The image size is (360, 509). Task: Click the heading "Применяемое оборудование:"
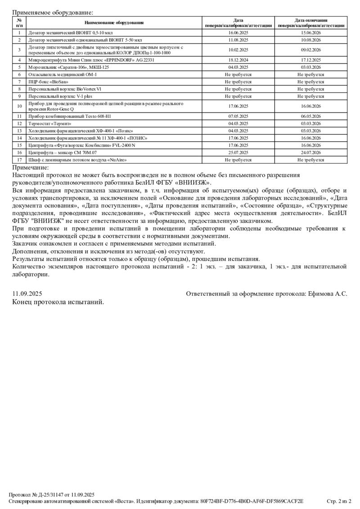point(53,13)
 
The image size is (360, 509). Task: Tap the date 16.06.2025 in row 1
point(238,33)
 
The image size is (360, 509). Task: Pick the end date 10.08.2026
point(310,40)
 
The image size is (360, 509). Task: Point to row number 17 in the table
point(19,160)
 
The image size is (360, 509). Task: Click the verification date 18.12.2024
point(238,60)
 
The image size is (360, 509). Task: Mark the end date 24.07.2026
point(310,153)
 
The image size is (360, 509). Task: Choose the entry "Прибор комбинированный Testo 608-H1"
point(70,116)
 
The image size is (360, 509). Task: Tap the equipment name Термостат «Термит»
point(50,124)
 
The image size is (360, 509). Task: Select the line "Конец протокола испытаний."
point(58,302)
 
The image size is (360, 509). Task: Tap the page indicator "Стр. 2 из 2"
point(339,501)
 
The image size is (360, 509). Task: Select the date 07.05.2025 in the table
point(238,116)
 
